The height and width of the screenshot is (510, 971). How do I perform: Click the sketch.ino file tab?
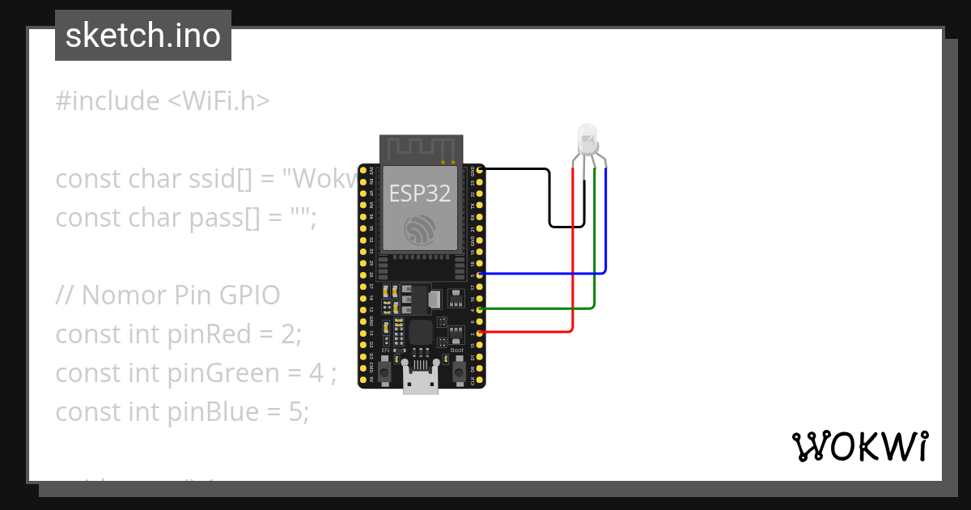[142, 36]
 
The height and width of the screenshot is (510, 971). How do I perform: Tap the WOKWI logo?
[859, 446]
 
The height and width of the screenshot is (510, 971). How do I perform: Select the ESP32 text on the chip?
[420, 193]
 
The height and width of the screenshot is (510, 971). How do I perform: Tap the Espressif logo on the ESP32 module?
[420, 231]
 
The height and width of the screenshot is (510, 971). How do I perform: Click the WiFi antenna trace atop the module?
[421, 149]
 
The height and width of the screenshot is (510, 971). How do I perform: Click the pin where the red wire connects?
[481, 333]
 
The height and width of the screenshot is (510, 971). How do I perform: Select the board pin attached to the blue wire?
[481, 275]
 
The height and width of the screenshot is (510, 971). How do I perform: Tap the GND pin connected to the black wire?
[481, 170]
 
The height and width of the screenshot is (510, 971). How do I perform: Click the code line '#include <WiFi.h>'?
[163, 101]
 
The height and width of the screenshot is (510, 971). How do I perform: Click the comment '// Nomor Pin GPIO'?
[168, 295]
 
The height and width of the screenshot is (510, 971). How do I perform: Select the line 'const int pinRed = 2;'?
[178, 334]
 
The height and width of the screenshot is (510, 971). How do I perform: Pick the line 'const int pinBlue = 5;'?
[182, 412]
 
